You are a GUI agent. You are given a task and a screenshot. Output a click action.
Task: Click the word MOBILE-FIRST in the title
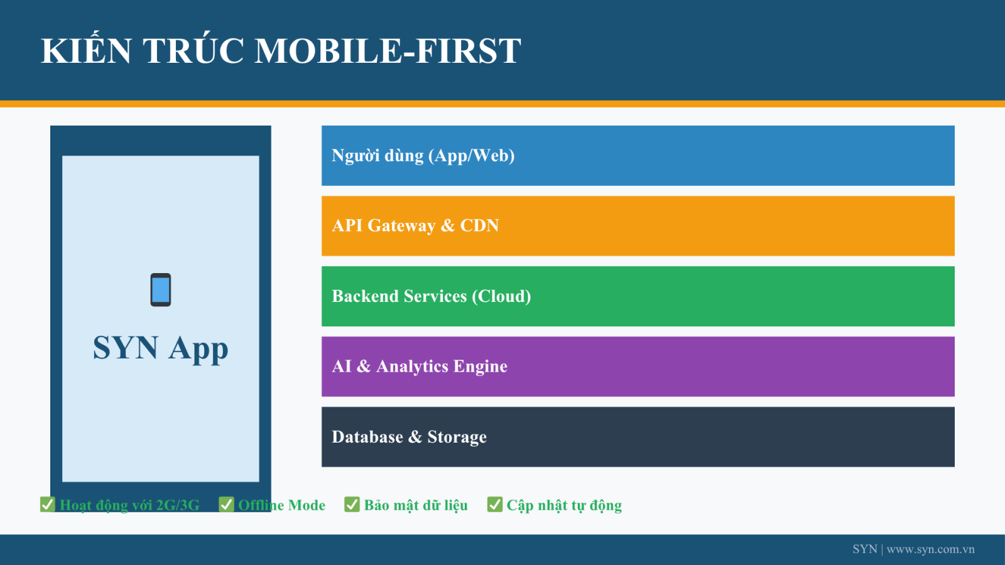[388, 51]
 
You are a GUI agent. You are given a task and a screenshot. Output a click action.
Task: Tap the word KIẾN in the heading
[85, 49]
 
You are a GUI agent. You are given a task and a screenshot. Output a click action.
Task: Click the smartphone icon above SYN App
[161, 289]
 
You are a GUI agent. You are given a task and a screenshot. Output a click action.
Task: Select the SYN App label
[161, 348]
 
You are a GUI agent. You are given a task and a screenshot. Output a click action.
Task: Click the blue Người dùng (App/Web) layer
[638, 156]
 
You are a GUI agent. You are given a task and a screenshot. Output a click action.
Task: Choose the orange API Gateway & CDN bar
[638, 226]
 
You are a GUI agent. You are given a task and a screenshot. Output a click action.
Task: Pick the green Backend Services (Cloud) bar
[638, 296]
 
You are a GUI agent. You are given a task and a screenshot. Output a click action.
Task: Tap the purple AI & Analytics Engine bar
[638, 367]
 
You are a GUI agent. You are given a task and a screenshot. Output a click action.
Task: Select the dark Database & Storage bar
[638, 437]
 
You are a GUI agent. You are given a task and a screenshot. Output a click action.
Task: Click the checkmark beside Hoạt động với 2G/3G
[48, 505]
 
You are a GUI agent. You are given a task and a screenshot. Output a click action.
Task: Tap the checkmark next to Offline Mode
[226, 505]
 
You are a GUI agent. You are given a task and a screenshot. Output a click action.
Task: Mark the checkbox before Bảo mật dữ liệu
[352, 505]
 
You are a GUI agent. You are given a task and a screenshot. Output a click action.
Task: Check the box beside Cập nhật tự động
[494, 505]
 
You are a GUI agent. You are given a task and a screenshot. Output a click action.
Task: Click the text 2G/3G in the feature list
[178, 505]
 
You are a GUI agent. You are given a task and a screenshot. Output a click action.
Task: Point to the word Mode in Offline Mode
[307, 505]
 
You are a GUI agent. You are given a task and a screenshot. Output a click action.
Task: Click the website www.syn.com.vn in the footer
[930, 549]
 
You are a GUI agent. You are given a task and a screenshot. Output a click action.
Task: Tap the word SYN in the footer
[865, 549]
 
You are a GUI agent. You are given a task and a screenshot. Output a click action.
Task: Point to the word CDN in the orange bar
[479, 225]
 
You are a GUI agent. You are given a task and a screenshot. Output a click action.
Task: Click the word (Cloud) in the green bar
[501, 296]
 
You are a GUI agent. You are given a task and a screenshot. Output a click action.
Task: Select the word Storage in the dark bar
[457, 437]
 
